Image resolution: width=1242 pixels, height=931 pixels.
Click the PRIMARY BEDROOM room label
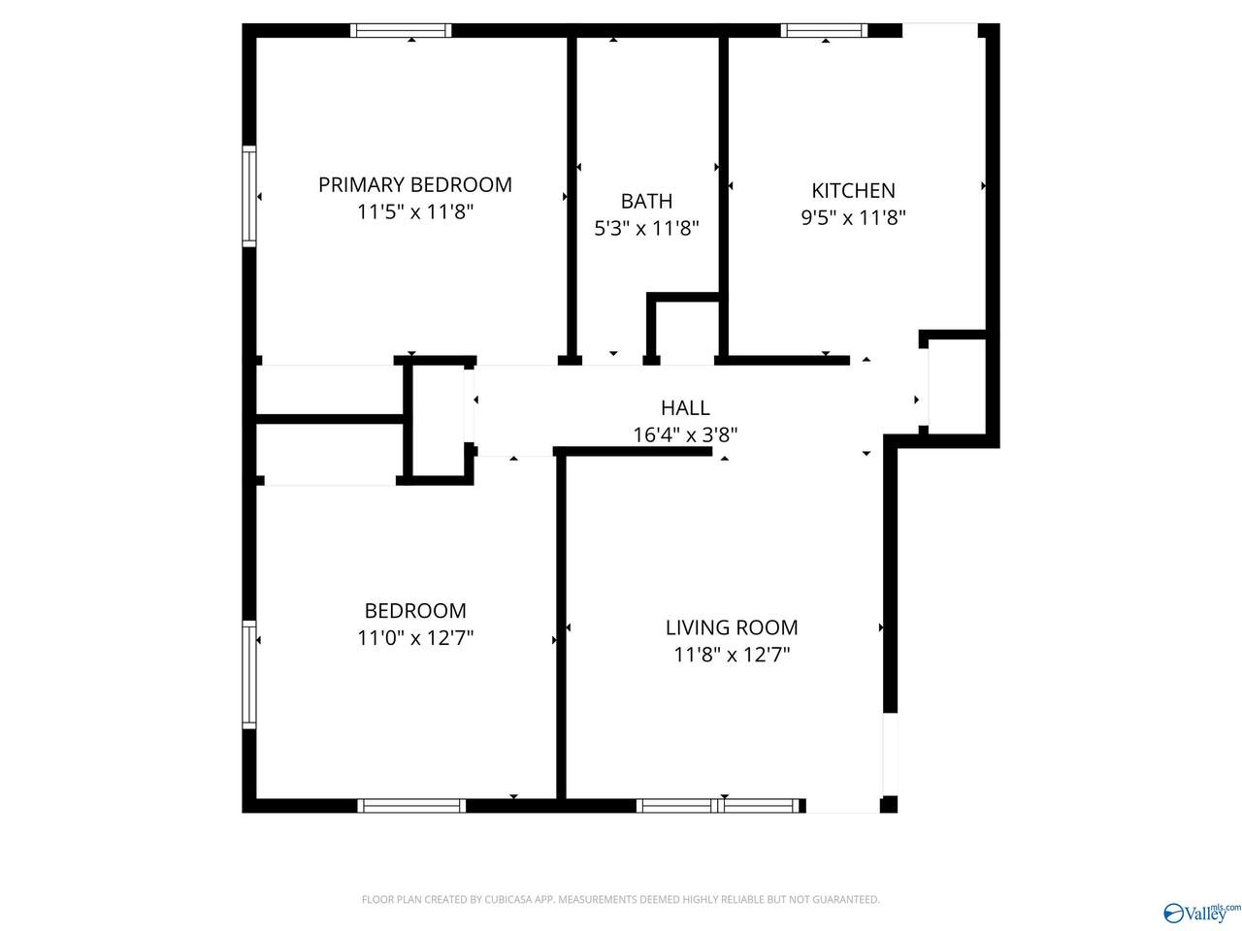pyautogui.click(x=415, y=184)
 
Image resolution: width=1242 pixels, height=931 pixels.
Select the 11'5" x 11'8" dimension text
pyautogui.click(x=415, y=211)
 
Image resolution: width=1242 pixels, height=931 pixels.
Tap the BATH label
pyautogui.click(x=646, y=201)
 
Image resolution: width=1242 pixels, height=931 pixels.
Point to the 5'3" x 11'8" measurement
pyautogui.click(x=646, y=228)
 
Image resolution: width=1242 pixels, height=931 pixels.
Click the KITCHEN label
pyautogui.click(x=853, y=190)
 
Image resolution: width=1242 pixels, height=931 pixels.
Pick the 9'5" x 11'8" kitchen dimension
pyautogui.click(x=853, y=217)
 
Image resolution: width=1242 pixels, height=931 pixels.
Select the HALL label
pyautogui.click(x=685, y=407)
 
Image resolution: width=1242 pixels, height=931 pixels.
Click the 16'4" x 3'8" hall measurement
pyautogui.click(x=685, y=434)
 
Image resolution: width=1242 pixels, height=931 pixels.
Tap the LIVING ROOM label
pyautogui.click(x=732, y=627)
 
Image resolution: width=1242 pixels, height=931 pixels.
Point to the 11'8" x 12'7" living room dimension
pyautogui.click(x=732, y=655)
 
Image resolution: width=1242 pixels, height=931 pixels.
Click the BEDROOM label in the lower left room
pyautogui.click(x=415, y=610)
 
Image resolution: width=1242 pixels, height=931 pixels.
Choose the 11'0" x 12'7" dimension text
pyautogui.click(x=415, y=637)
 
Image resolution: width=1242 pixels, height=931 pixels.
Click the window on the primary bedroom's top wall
pyautogui.click(x=401, y=30)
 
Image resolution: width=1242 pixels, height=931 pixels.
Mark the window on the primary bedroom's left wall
pyautogui.click(x=249, y=196)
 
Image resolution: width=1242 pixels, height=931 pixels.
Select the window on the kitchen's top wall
pyautogui.click(x=825, y=30)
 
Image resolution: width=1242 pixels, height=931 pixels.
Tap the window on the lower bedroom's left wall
pyautogui.click(x=249, y=674)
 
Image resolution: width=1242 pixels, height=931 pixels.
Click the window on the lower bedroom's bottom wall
pyautogui.click(x=411, y=805)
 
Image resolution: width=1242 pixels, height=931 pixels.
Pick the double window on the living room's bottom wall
pyautogui.click(x=720, y=805)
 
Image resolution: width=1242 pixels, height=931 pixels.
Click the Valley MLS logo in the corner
pyautogui.click(x=1201, y=912)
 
